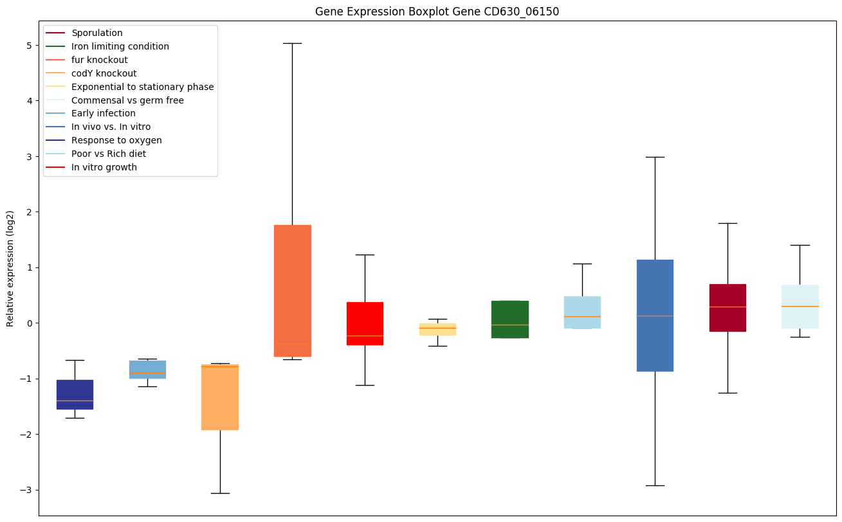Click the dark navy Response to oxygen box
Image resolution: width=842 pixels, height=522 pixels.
75,394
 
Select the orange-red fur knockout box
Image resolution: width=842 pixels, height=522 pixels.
292,291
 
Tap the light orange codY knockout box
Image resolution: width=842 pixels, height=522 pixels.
220,397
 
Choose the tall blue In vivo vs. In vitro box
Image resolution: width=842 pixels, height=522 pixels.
655,315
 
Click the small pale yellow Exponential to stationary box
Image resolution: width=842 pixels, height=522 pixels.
437,329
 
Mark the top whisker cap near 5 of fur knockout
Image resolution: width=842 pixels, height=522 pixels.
292,43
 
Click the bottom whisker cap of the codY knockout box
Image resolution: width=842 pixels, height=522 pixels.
220,493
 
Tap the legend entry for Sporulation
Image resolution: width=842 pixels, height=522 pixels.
97,33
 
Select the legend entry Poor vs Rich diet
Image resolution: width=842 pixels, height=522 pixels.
109,154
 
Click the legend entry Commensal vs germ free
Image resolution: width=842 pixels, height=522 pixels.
127,100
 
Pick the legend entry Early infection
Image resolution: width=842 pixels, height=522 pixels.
104,114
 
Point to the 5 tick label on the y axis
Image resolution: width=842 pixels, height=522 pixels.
28,46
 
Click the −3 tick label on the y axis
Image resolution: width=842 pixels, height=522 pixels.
26,490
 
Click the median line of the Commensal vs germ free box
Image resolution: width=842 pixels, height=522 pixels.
800,306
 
